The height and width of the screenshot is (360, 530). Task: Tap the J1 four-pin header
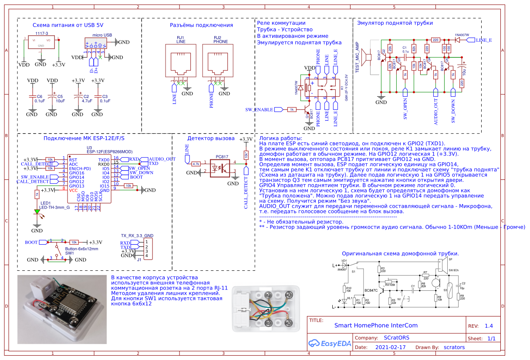click(148, 249)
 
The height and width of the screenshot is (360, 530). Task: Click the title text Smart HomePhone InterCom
click(376, 325)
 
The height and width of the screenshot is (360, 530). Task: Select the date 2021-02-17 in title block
click(390, 347)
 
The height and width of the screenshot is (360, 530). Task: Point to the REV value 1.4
click(489, 326)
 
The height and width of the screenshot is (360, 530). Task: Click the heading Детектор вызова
click(211, 138)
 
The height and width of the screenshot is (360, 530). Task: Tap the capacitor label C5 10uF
click(60, 98)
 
